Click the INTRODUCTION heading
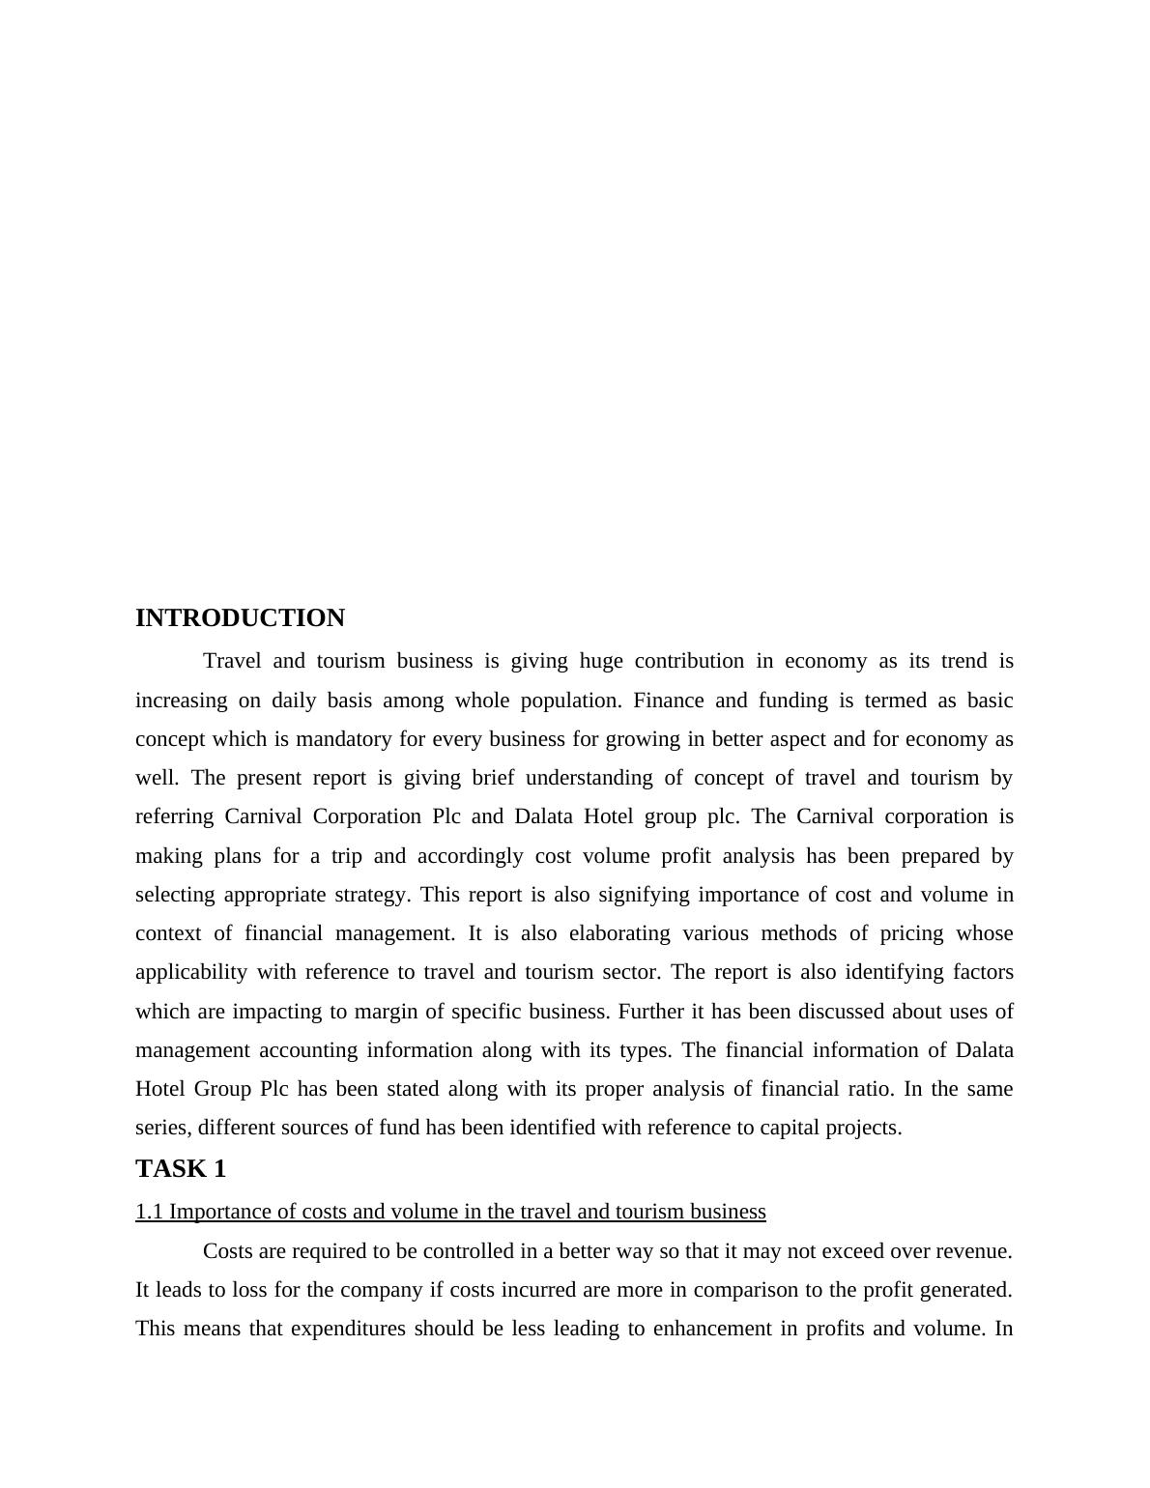click(240, 618)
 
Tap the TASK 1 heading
click(181, 1169)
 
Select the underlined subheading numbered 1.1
click(450, 1212)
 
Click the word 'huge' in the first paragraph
click(599, 662)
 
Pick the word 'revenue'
click(971, 1251)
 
